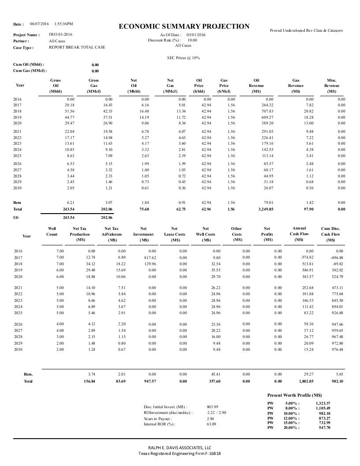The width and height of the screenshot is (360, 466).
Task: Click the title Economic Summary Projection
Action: coord(184,26)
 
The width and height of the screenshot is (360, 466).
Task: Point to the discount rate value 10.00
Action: coord(192,40)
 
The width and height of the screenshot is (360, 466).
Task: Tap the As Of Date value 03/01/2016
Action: coord(196,34)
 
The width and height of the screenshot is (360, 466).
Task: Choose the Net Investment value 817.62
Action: coord(146,257)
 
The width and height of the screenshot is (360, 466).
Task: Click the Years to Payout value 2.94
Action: coord(210,418)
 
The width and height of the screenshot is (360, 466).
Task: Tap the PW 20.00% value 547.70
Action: coord(324,428)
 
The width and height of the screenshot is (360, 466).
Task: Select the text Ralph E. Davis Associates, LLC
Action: coord(180,447)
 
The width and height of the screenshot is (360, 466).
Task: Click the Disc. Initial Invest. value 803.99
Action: coord(212,406)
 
